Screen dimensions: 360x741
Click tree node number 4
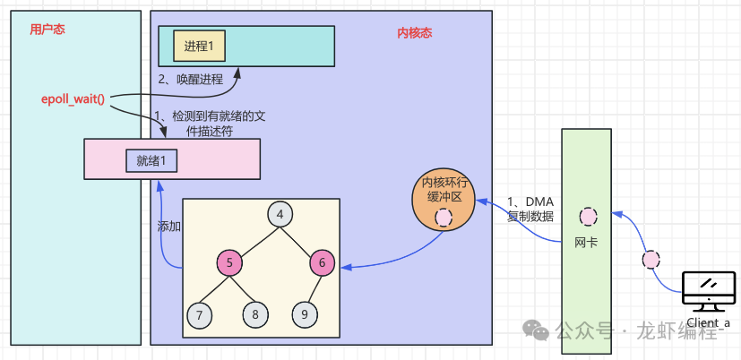[x=280, y=215]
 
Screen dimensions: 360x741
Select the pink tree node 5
[x=229, y=263]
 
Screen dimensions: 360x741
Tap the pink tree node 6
[x=323, y=263]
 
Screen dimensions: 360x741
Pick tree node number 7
[x=200, y=314]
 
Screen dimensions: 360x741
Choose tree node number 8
[x=255, y=314]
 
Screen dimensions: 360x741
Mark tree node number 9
[x=305, y=314]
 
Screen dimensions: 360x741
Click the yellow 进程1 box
[x=205, y=46]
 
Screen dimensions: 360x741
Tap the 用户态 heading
[x=47, y=30]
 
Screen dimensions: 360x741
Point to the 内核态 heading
[x=415, y=33]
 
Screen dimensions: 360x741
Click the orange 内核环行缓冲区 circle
[x=443, y=199]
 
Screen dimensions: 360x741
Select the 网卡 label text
[x=586, y=243]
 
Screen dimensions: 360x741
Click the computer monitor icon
[x=709, y=290]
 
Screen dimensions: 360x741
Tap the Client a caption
[x=709, y=323]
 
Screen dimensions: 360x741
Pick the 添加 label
[x=169, y=227]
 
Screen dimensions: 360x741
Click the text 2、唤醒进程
[x=191, y=79]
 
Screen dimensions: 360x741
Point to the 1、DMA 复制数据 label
[x=530, y=209]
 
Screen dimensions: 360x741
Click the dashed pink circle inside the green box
[x=588, y=216]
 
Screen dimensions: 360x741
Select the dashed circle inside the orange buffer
[x=444, y=218]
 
